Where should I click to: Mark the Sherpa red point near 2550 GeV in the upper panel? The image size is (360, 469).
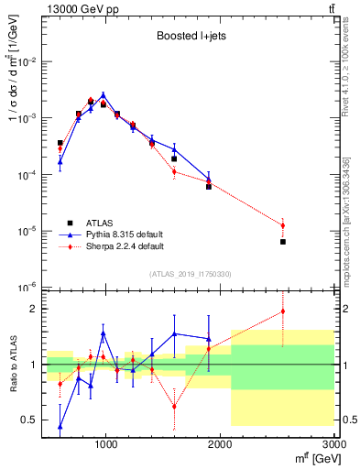pos(283,225)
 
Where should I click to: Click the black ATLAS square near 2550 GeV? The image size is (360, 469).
pos(283,242)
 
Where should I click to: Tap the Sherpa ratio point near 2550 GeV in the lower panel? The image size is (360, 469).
pos(283,311)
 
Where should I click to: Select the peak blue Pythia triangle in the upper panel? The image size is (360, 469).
pos(104,94)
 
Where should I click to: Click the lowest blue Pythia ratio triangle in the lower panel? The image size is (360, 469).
pos(60,426)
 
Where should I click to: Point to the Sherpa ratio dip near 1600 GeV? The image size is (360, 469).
pos(174,406)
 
